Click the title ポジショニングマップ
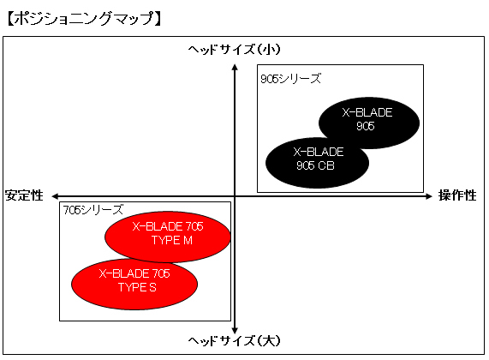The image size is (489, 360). pos(84,18)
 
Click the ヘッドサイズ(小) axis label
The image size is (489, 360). pos(234,50)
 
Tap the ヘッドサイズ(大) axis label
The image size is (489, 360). pos(234,340)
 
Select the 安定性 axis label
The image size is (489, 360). pos(24,195)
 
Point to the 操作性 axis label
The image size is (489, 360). pos(457,195)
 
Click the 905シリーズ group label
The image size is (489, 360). pos(291,79)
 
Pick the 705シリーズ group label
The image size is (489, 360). pos(93,210)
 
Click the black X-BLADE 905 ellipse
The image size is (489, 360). pos(369,123)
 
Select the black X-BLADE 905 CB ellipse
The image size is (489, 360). pos(317,163)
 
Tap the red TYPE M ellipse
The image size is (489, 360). pos(168,237)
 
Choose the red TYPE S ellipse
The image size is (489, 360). pos(134,284)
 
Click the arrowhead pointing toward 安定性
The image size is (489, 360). pos(55,196)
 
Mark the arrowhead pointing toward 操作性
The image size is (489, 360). pos(429,196)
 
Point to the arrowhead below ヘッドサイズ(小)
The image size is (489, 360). pos(235,67)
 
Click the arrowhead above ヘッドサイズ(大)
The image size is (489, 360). pos(235,331)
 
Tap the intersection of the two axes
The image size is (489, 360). pos(235,196)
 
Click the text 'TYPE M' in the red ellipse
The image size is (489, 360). pos(172,240)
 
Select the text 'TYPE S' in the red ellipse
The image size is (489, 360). pos(137,287)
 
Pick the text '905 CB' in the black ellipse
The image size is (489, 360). pos(315,165)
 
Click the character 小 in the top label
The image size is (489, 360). pos(264,50)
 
